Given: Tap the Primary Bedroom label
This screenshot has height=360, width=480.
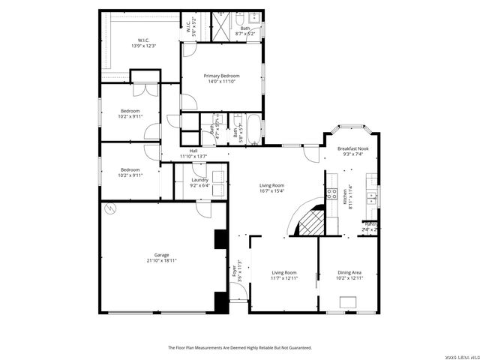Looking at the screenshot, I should [x=223, y=79].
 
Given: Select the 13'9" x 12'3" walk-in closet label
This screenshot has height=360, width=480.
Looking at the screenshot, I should [x=145, y=43].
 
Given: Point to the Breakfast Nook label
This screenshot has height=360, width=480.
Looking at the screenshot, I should [x=352, y=151].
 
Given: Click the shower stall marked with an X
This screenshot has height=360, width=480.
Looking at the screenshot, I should [x=221, y=20].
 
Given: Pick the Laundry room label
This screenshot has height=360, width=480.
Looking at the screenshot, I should [x=199, y=182].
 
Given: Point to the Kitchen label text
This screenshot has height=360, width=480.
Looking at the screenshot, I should [x=346, y=196].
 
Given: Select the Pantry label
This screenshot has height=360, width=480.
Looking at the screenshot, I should [x=370, y=226].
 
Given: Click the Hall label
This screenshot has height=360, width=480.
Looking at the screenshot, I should [x=193, y=154].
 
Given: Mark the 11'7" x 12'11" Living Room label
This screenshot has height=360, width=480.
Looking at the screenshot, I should [x=284, y=275].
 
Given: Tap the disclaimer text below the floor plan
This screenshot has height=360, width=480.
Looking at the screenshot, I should [x=239, y=347].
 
